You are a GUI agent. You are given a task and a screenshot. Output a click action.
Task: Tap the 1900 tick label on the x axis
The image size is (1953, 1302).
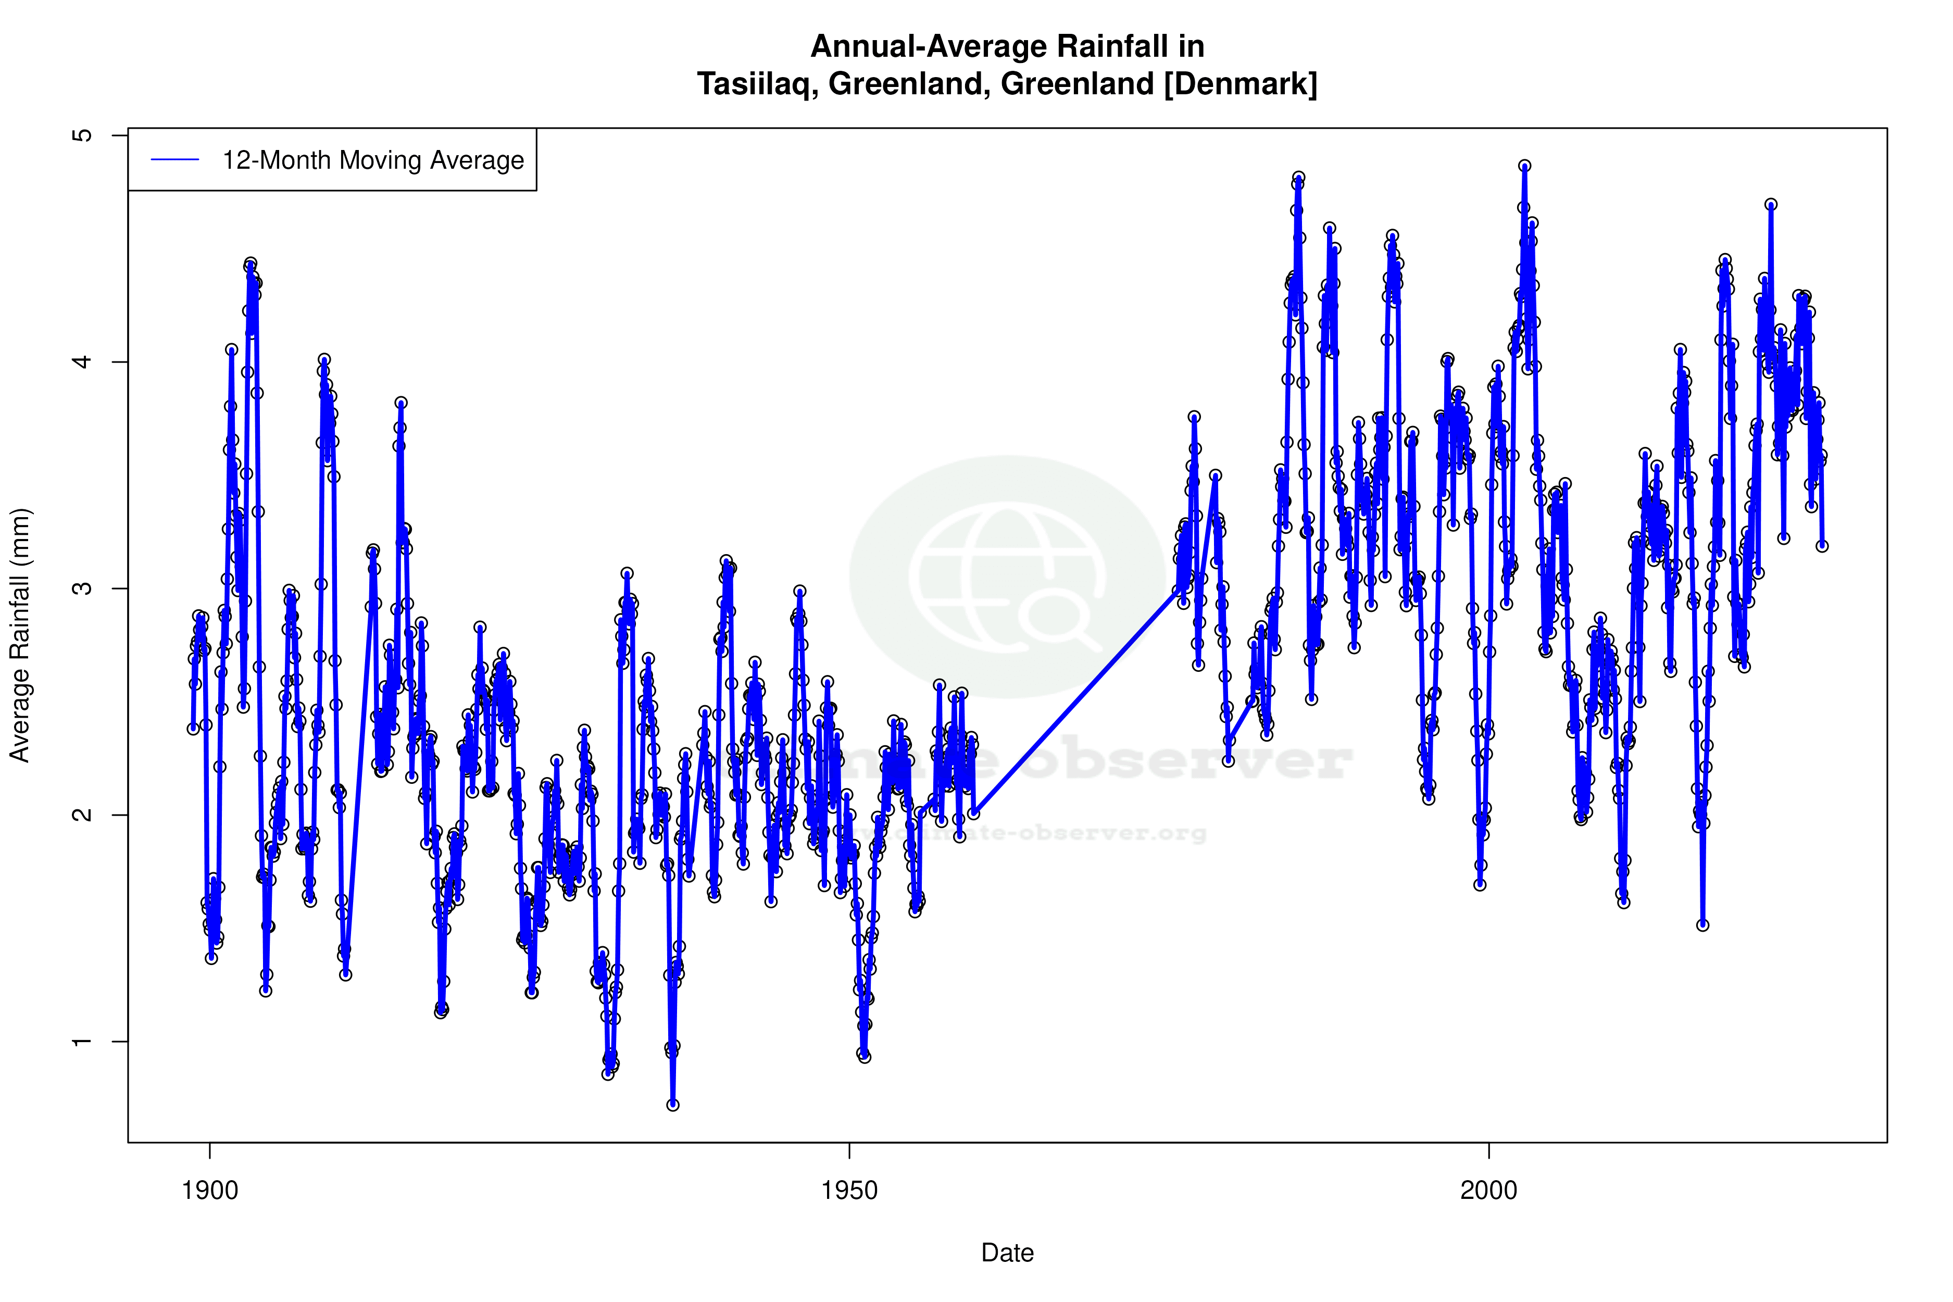210,1191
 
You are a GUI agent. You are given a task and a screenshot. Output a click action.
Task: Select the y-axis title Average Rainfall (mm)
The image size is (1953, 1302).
20,635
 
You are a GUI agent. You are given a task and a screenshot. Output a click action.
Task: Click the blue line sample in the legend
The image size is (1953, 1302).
174,160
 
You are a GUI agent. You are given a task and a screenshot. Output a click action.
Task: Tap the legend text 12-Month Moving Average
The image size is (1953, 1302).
373,160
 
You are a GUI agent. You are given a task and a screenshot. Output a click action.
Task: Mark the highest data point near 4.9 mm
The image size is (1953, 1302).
1524,166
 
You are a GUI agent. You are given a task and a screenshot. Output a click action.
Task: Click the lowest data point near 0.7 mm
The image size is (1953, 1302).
672,1105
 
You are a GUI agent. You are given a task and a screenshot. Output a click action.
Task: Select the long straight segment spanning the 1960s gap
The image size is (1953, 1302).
1075,702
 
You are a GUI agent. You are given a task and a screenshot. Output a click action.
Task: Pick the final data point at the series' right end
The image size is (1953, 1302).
1822,546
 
